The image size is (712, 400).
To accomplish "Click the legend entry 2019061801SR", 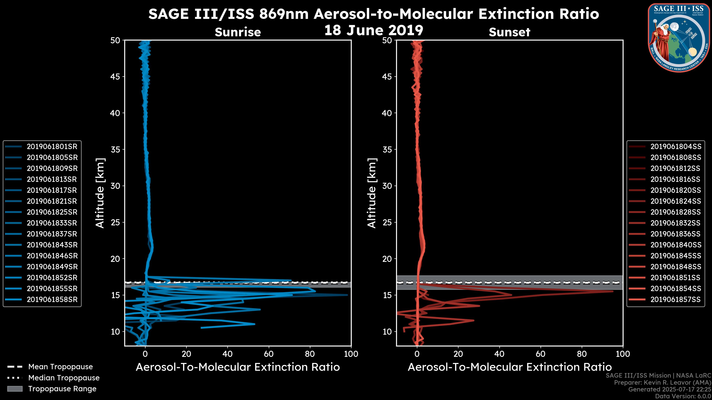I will coord(52,147).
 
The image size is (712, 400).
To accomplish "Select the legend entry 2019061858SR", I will coord(52,299).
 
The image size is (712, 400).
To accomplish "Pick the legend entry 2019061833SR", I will coord(52,223).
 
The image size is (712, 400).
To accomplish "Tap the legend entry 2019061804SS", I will coord(675,147).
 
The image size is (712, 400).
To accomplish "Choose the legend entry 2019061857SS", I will coord(675,299).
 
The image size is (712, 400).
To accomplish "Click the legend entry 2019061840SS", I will coord(675,245).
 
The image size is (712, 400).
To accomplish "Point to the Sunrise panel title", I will coord(238,32).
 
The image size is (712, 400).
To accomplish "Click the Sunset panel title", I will coord(509,32).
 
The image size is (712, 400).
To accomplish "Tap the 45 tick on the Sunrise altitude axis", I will coord(115,76).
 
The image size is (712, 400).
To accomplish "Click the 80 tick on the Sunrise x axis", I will coord(310,354).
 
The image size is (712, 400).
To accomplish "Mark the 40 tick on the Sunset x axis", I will coord(499,354).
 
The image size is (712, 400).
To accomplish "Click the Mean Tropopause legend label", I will coord(60,367).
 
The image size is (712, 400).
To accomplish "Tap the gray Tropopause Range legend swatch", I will coord(15,389).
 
